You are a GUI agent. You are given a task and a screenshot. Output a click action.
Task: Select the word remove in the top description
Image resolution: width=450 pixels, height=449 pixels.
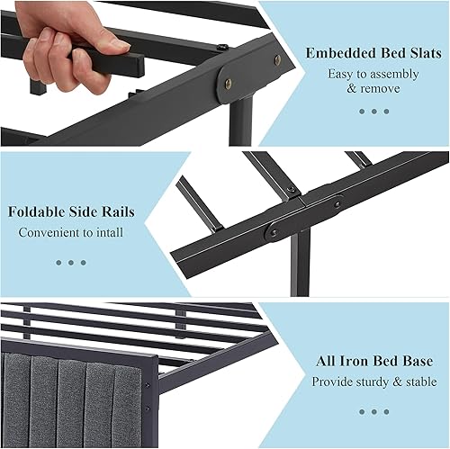382,89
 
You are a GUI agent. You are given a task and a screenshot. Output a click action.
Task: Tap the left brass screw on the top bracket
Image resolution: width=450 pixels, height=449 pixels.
227,83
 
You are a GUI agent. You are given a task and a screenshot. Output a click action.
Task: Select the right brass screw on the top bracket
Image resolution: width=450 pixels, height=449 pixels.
276,59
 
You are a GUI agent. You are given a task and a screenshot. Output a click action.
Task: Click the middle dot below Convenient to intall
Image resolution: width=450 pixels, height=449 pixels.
71,263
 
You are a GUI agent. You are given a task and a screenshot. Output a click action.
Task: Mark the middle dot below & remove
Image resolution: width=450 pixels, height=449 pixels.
374,112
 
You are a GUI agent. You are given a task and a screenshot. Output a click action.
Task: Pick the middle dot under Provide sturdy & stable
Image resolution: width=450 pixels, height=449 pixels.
373,411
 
